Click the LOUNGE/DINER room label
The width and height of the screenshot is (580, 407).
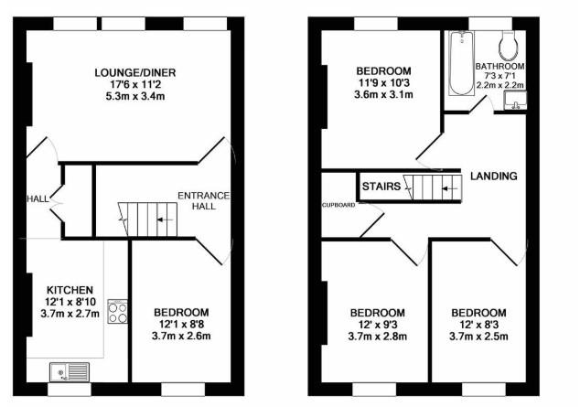pyautogui.click(x=135, y=72)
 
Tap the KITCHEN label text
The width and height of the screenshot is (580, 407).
pyautogui.click(x=70, y=290)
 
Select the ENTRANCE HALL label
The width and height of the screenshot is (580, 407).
pyautogui.click(x=203, y=200)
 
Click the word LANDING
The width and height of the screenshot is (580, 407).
pyautogui.click(x=493, y=176)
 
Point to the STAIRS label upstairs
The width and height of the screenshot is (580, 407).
pyautogui.click(x=381, y=187)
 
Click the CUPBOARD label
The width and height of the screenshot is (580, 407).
pyautogui.click(x=338, y=205)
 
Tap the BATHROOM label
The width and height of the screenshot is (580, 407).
pyautogui.click(x=499, y=67)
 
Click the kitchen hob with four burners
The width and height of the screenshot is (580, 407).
pyautogui.click(x=118, y=312)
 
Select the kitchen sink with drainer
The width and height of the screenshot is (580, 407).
pyautogui.click(x=70, y=371)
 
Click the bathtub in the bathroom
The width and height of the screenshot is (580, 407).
pyautogui.click(x=461, y=63)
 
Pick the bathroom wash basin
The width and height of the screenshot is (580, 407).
pyautogui.click(x=515, y=101)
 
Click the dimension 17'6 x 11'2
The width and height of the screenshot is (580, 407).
pyautogui.click(x=135, y=85)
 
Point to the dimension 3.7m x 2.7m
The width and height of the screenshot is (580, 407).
pyautogui.click(x=70, y=314)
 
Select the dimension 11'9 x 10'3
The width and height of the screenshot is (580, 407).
pyautogui.click(x=383, y=82)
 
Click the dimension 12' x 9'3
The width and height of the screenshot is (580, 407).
pyautogui.click(x=377, y=325)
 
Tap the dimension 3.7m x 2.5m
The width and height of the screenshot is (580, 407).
pyautogui.click(x=478, y=337)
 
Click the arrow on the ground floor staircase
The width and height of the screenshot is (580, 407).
pyautogui.click(x=165, y=220)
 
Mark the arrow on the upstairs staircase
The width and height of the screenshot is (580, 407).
pyautogui.click(x=450, y=189)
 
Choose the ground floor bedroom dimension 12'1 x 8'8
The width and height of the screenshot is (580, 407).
pyautogui.click(x=181, y=324)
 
